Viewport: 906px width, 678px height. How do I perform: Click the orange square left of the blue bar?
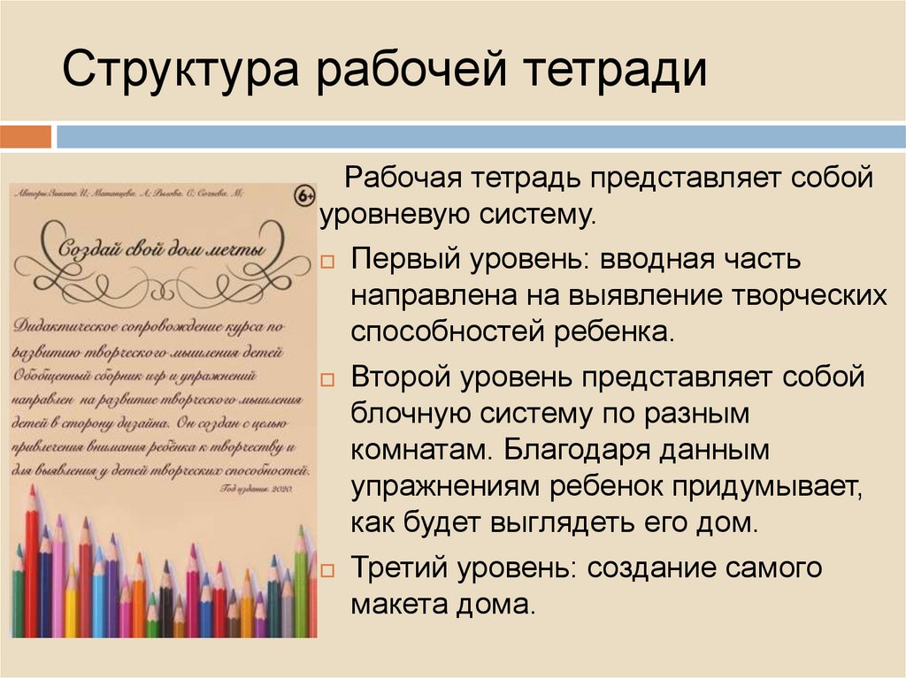pyautogui.click(x=26, y=137)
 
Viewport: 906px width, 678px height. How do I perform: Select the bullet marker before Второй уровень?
pyautogui.click(x=327, y=379)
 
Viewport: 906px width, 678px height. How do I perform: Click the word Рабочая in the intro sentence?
pyautogui.click(x=395, y=177)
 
